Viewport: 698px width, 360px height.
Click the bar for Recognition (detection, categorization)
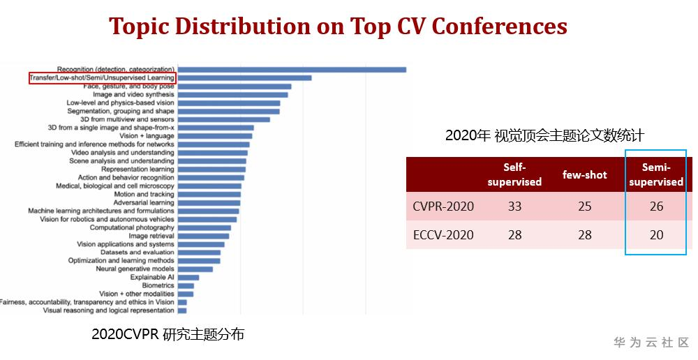pos(292,69)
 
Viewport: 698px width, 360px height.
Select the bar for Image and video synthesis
pos(232,94)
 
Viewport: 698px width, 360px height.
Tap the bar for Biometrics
pos(186,285)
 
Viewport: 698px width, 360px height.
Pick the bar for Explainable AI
pos(188,277)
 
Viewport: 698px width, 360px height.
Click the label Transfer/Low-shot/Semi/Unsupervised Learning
pos(102,78)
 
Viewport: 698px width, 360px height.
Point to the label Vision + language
pos(147,136)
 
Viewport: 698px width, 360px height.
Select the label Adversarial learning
pos(144,202)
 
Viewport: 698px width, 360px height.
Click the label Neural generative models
pos(135,269)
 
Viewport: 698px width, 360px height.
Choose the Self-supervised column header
pos(514,174)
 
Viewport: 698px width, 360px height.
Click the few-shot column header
pos(584,174)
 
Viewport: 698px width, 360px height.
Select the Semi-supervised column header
pos(655,174)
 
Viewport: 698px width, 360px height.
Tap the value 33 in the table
pos(514,207)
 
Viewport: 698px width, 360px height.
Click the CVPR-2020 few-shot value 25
pos(584,207)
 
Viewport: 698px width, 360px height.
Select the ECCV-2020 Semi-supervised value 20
pos(655,235)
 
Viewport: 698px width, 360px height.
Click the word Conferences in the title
pos(499,26)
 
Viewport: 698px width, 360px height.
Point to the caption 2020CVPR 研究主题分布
pos(168,334)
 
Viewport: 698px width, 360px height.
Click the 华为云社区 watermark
pos(651,343)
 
